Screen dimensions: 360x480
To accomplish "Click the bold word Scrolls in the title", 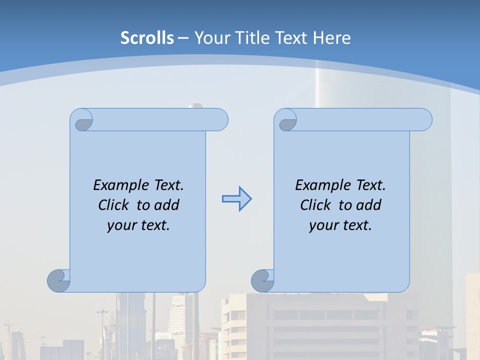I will [147, 38].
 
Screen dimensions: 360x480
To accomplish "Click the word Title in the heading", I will [253, 38].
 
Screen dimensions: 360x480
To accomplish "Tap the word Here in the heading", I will [331, 38].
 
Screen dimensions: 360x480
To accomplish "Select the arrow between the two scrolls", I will [236, 199].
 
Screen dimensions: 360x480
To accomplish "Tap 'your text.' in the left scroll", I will [138, 225].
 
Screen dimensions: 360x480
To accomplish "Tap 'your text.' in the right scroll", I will [340, 225].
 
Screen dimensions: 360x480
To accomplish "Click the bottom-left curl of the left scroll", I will [58, 280].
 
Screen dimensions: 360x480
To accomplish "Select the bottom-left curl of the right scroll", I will [262, 280].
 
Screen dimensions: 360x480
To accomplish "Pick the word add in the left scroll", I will [167, 205].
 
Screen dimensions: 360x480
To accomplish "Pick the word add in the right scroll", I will [369, 205].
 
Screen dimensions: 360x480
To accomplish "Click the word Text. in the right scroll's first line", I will [370, 185].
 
